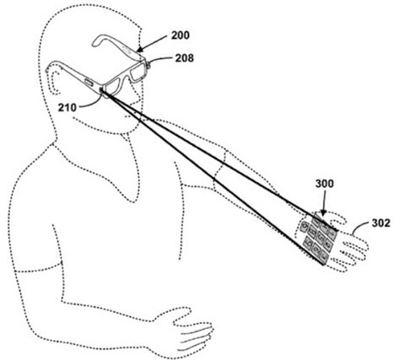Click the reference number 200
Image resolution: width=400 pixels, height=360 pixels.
[181, 35]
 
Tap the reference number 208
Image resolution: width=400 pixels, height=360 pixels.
[185, 58]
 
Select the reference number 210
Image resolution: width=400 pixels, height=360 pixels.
[68, 107]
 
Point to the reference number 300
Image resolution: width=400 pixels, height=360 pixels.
[324, 184]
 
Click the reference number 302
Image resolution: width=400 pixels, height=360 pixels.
[381, 223]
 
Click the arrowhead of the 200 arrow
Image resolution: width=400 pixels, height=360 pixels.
[140, 50]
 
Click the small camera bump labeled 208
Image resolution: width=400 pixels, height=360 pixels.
[148, 66]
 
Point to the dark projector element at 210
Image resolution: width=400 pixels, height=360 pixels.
[101, 90]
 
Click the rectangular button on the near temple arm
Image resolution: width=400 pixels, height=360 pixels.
[89, 83]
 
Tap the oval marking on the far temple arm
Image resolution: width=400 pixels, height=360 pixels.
[127, 51]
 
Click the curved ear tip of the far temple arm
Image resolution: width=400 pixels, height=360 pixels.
[96, 41]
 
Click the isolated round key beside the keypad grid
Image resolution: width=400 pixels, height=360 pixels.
[304, 226]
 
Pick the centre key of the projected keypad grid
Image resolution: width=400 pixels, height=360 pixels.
[321, 237]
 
